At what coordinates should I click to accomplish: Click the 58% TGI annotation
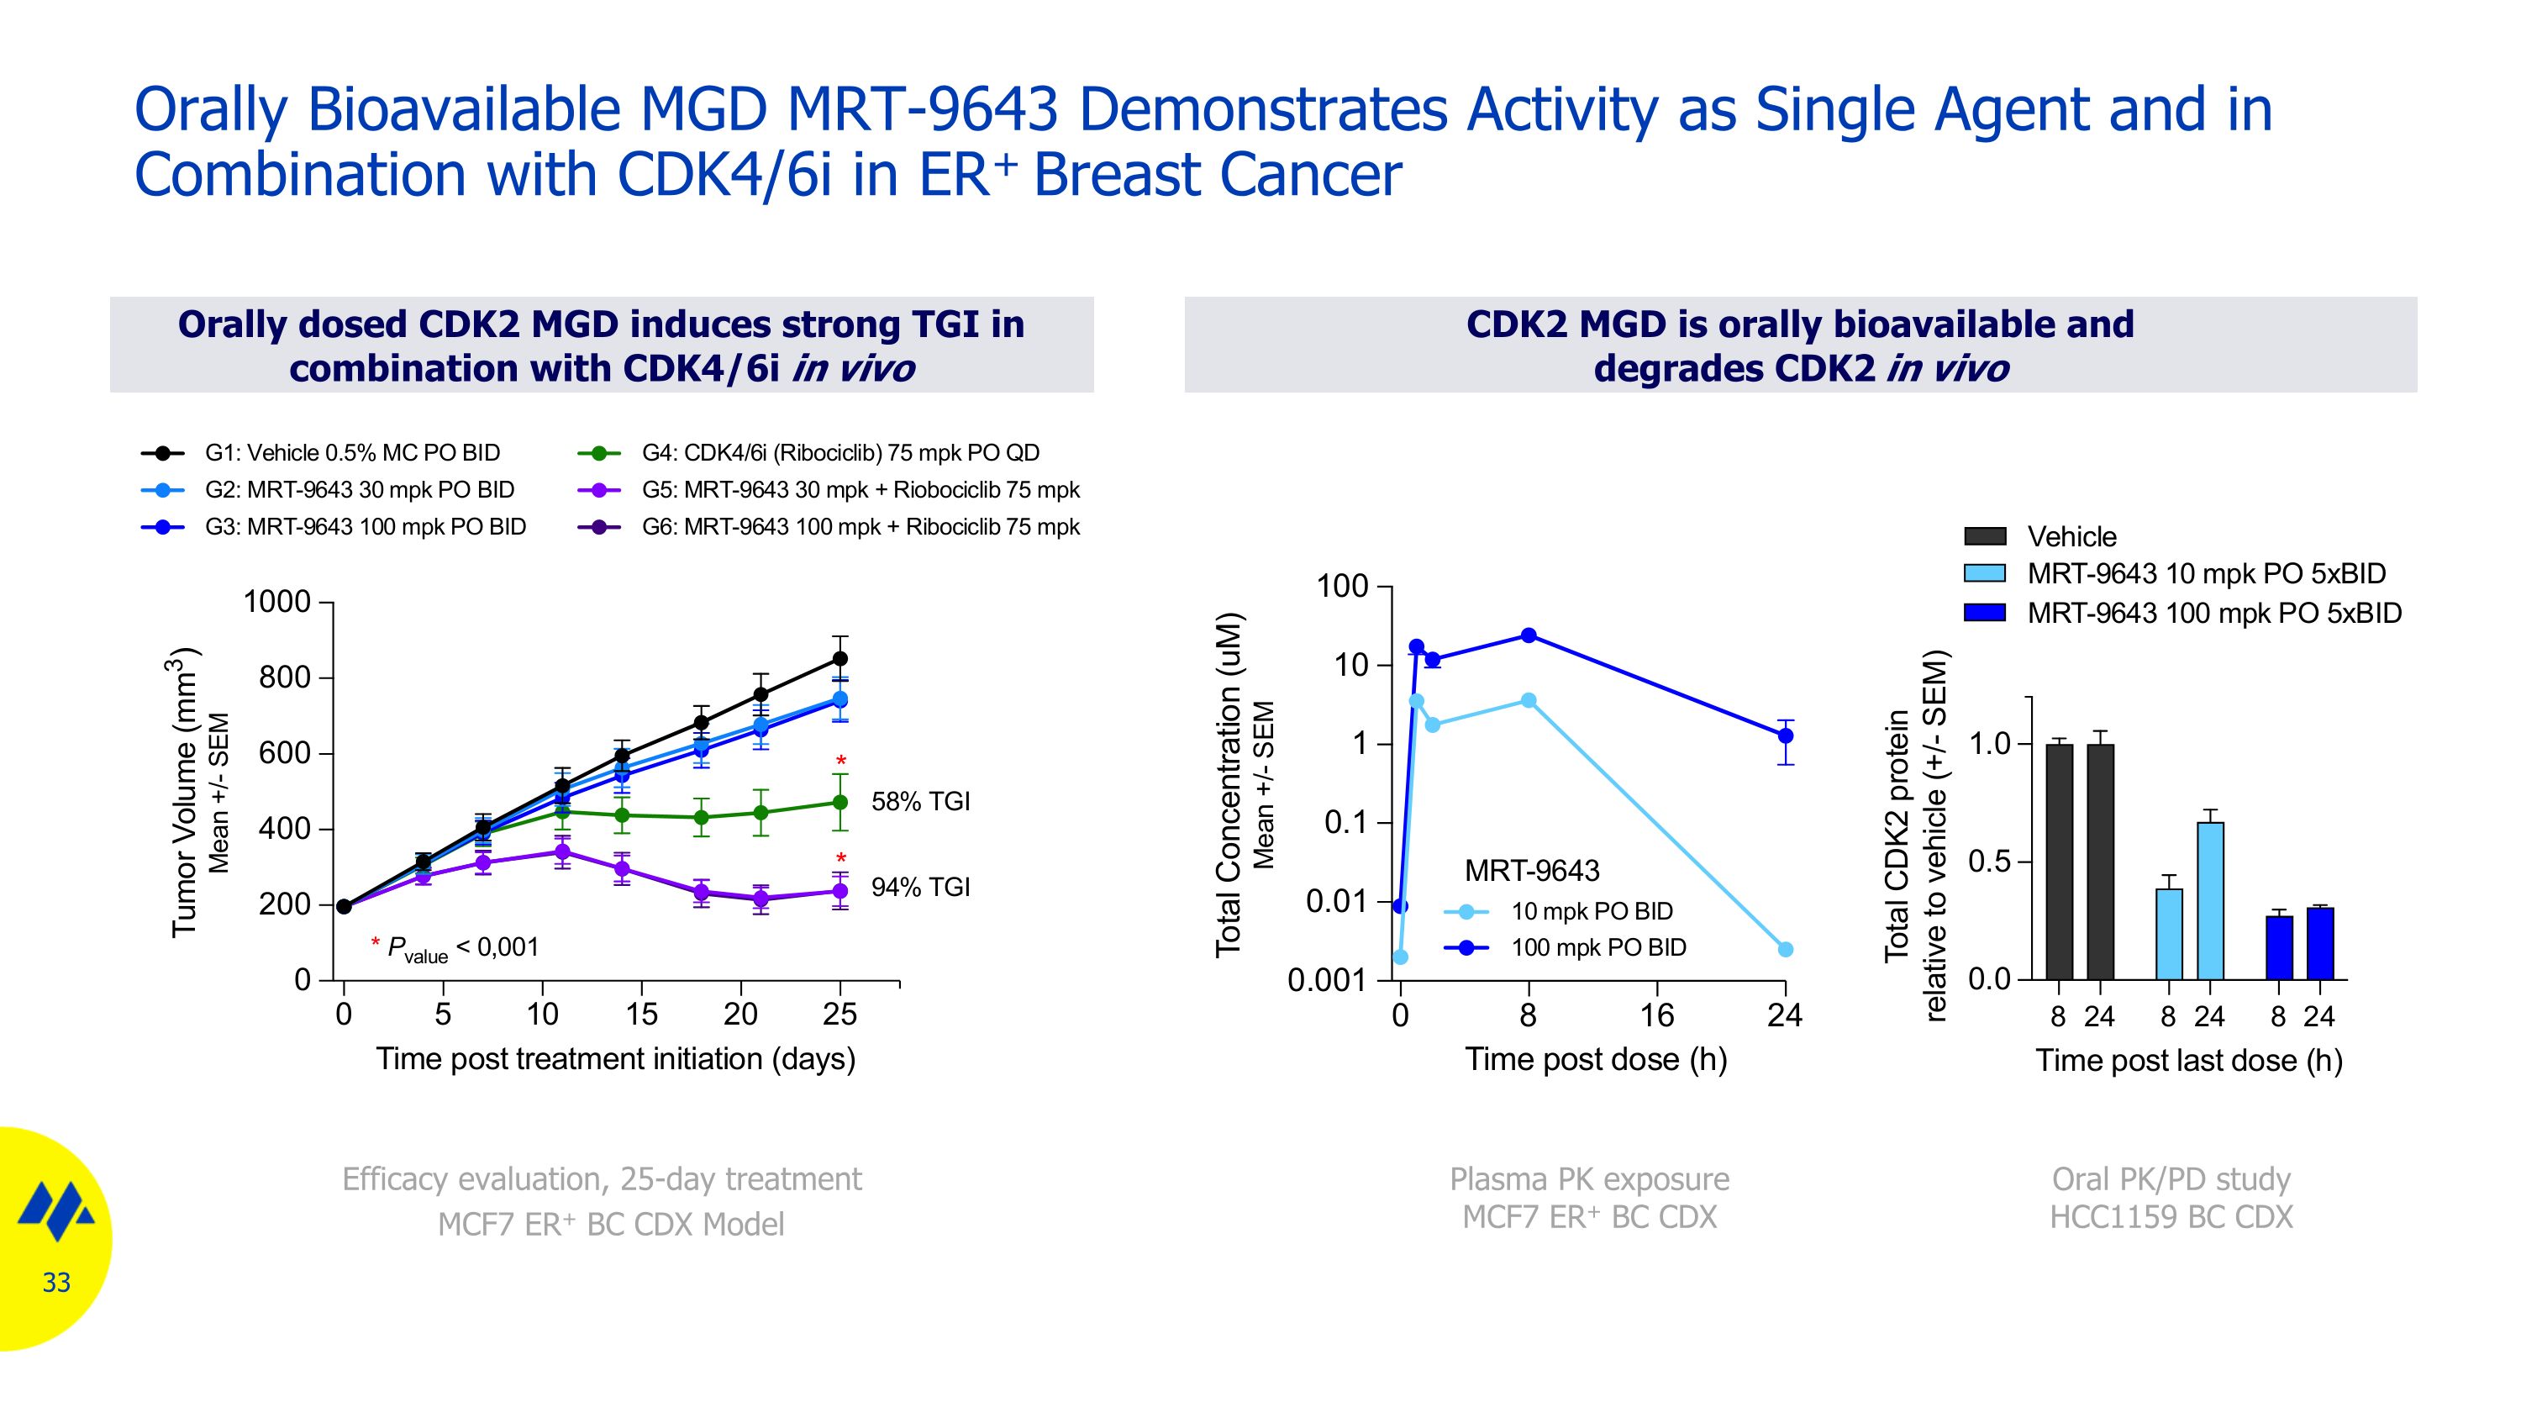click(x=920, y=802)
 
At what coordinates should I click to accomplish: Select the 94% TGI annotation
click(x=920, y=887)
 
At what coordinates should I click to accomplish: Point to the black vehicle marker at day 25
click(x=839, y=659)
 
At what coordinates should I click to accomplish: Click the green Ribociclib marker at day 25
click(x=839, y=803)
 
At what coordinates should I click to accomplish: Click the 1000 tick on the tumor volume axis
click(x=277, y=602)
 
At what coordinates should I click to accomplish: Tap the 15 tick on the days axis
click(x=641, y=1015)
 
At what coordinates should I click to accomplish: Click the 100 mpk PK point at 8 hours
click(x=1529, y=635)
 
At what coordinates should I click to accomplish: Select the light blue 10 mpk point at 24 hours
click(x=1785, y=949)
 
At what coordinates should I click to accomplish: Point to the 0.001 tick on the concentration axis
click(x=1326, y=981)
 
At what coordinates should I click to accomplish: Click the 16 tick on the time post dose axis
click(x=1657, y=1015)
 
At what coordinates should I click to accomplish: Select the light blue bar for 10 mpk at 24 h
click(x=2210, y=900)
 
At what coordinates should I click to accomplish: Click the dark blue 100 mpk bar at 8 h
click(x=2278, y=947)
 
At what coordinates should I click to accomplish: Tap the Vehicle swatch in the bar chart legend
click(x=1985, y=536)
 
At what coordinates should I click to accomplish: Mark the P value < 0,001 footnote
click(x=455, y=947)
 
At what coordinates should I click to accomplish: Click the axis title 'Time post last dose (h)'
click(x=2188, y=1061)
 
